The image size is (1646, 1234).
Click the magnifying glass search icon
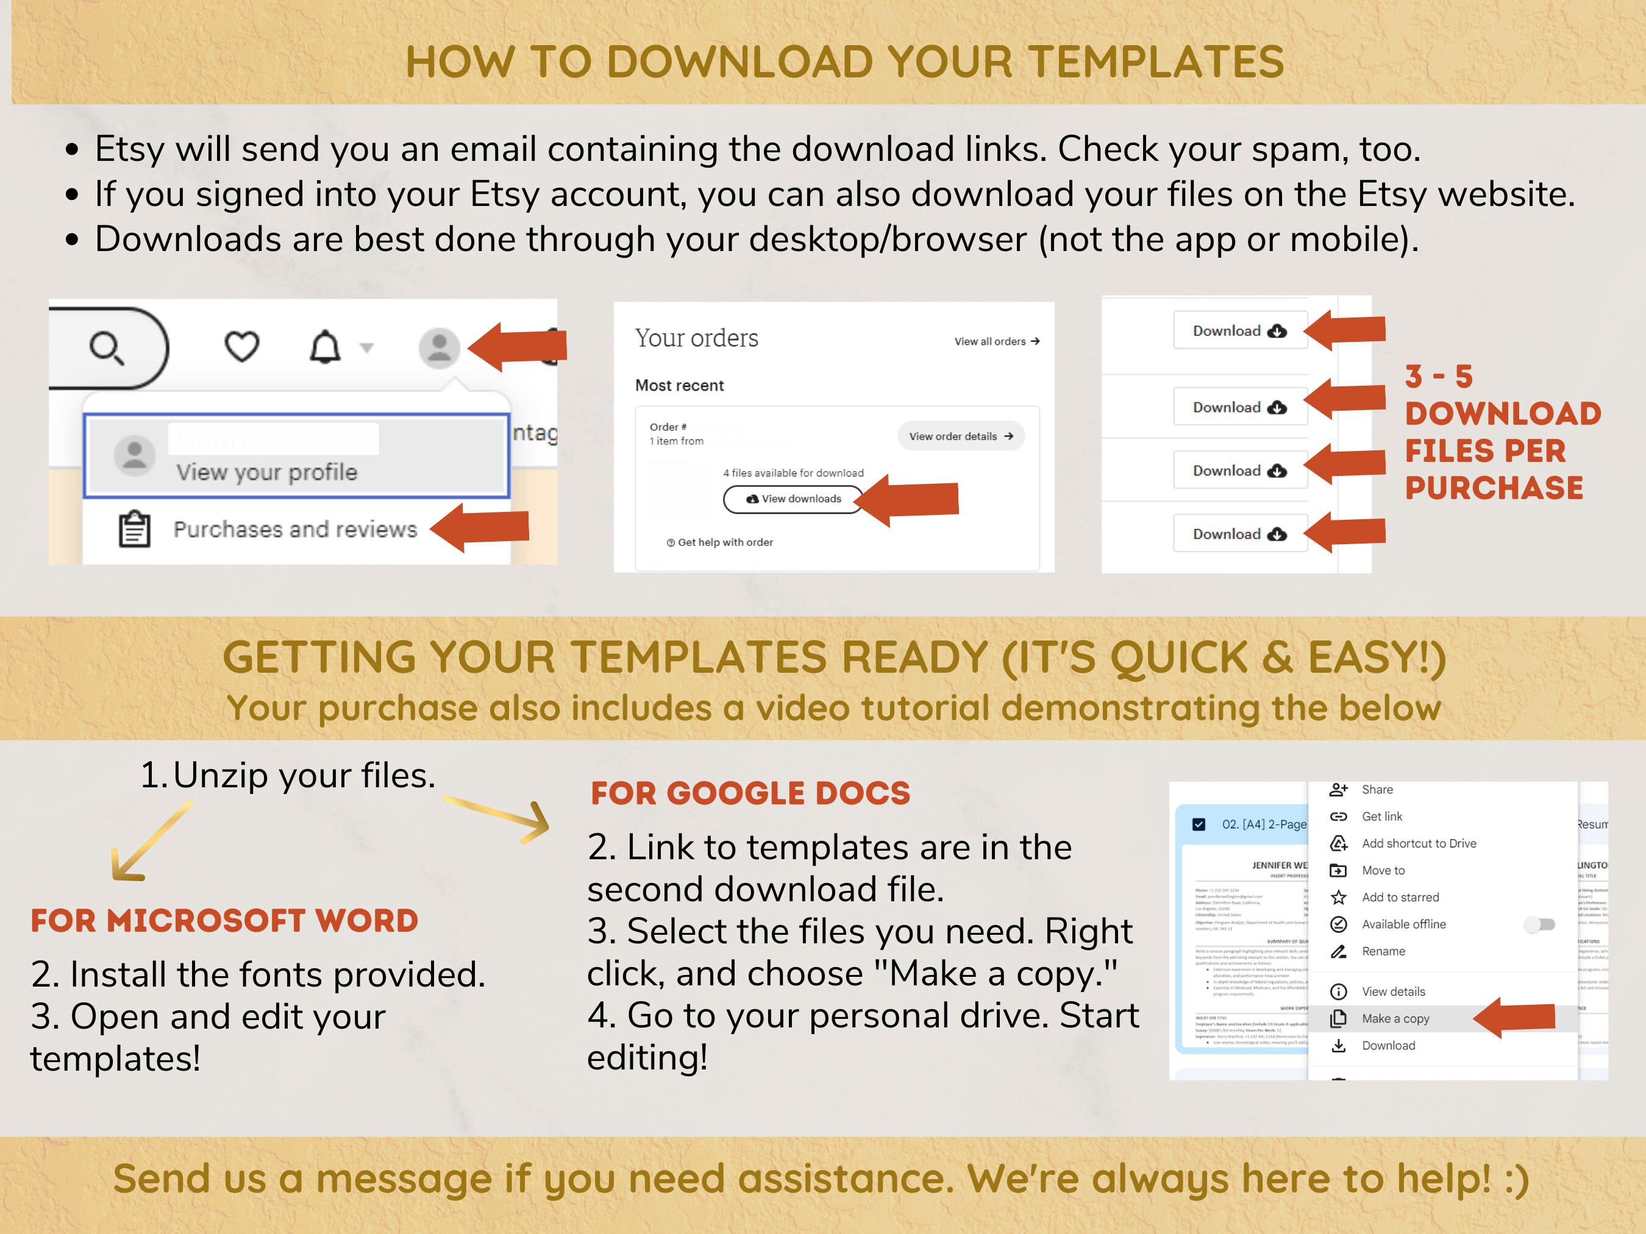click(107, 348)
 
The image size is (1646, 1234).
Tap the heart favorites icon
click(242, 347)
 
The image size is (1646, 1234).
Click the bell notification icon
click(325, 347)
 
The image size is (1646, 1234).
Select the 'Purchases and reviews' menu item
click(294, 530)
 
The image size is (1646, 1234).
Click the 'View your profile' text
click(266, 472)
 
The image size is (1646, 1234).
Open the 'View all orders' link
click(996, 341)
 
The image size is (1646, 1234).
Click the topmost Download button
click(1240, 331)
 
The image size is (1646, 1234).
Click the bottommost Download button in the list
click(1240, 534)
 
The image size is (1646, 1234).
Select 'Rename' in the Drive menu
click(1383, 951)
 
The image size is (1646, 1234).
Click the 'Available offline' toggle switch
click(1539, 924)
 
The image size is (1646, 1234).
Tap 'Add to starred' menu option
click(1400, 898)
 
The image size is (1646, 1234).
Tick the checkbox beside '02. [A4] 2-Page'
click(1199, 824)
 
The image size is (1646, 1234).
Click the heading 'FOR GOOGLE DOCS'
click(750, 793)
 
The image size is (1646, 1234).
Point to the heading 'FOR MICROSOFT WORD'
click(224, 921)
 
